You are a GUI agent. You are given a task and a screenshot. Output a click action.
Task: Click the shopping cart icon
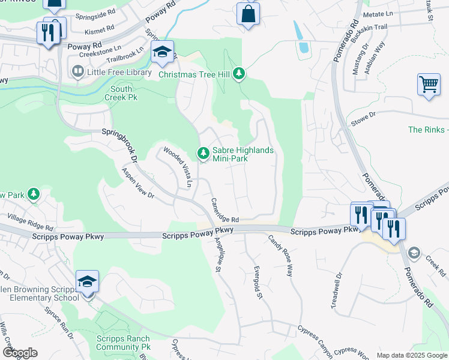(x=429, y=85)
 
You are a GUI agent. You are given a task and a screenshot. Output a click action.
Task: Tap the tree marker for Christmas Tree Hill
(x=240, y=74)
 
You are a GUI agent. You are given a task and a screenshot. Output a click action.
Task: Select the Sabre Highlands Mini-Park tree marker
(x=203, y=154)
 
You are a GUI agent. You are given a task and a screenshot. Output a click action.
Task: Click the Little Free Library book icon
(x=77, y=72)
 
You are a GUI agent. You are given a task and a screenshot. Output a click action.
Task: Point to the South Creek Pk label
(x=118, y=93)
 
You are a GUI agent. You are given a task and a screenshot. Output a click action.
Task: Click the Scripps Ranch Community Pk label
(x=123, y=343)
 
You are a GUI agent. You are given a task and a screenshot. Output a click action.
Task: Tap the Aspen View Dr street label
(x=138, y=183)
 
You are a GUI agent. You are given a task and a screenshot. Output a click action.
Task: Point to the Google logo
(x=20, y=353)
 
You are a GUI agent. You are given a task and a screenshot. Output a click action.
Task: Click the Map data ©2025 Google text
(x=411, y=355)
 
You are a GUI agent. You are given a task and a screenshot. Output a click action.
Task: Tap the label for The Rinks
(x=428, y=130)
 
